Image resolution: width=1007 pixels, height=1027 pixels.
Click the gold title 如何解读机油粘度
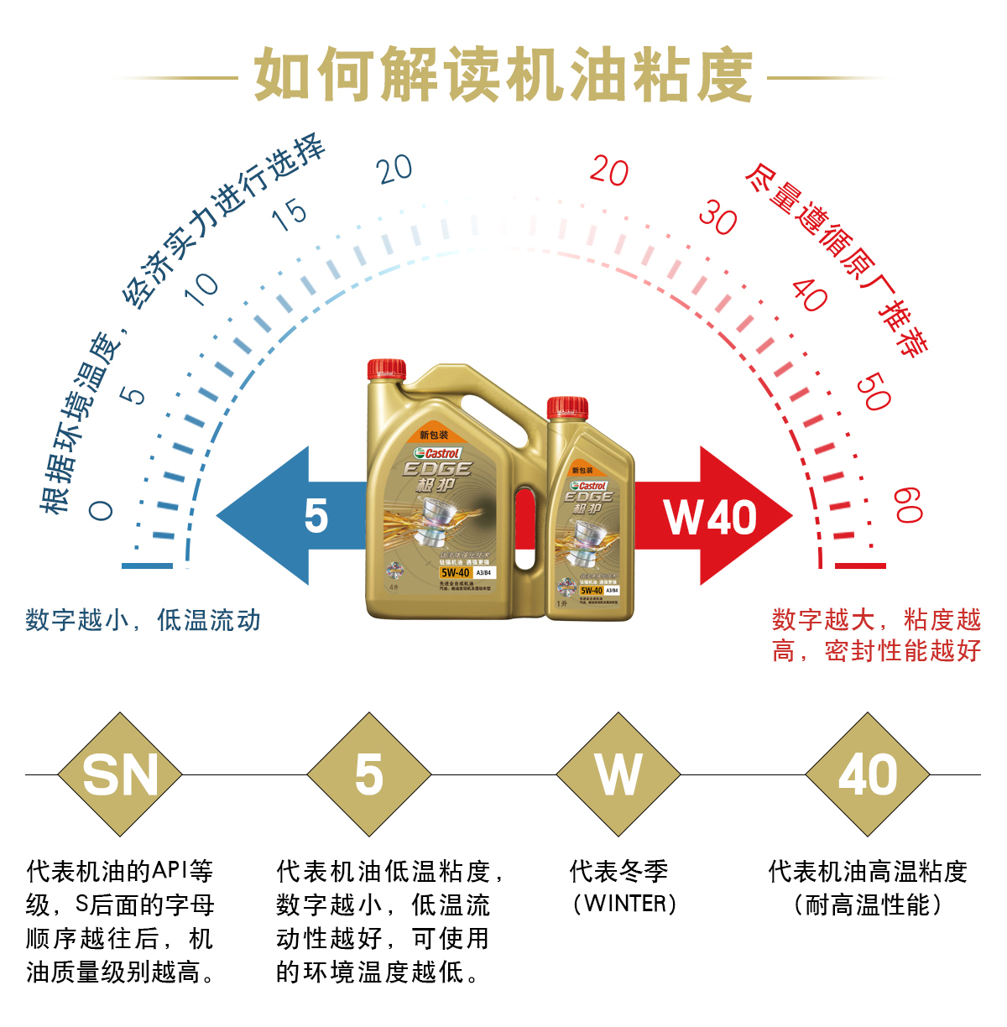click(503, 76)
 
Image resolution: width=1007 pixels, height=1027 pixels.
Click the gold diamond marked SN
click(120, 774)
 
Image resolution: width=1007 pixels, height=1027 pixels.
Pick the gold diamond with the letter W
click(618, 774)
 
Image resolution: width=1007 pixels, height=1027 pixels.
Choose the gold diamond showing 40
click(868, 774)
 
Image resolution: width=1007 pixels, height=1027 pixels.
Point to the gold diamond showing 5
click(369, 774)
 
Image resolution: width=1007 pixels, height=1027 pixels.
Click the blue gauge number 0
click(101, 509)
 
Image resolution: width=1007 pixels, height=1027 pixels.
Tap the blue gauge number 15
click(290, 215)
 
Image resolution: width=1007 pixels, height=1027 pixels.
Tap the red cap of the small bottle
click(567, 408)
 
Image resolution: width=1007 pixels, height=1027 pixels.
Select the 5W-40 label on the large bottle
click(456, 572)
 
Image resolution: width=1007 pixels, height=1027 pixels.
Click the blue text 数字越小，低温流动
click(143, 620)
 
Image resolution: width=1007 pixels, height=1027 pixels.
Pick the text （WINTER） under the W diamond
click(624, 904)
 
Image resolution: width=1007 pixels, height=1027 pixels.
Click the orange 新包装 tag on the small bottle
click(582, 470)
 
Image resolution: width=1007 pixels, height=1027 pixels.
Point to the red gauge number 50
click(873, 392)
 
